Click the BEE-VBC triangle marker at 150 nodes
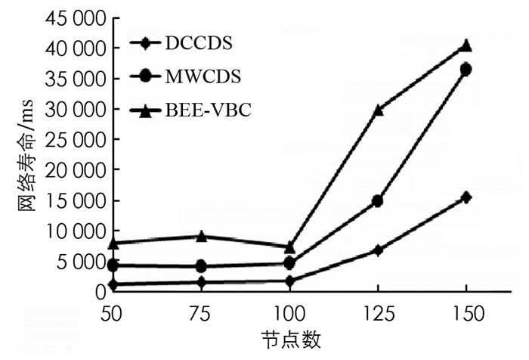click(466, 45)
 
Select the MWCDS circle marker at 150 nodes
click(466, 70)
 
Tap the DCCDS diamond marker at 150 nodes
click(466, 197)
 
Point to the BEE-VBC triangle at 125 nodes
click(378, 110)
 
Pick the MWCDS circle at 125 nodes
click(378, 201)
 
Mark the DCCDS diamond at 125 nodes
click(378, 250)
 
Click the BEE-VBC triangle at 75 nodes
click(202, 236)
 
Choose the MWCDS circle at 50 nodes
click(113, 265)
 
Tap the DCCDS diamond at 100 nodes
click(289, 281)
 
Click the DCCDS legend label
click(197, 42)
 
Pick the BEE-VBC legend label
click(207, 110)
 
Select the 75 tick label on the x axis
click(202, 312)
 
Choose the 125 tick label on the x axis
click(378, 312)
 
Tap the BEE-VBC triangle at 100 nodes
click(289, 247)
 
